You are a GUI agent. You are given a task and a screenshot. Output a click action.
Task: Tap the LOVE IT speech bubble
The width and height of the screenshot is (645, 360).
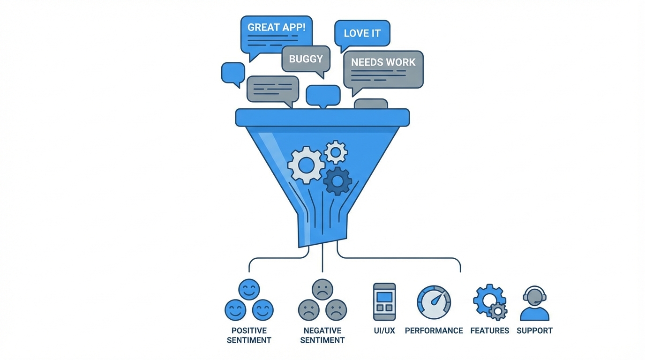[362, 33]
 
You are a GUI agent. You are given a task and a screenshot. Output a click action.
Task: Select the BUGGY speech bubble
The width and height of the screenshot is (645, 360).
[306, 59]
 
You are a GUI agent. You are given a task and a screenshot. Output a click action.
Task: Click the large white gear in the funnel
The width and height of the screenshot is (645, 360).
[306, 165]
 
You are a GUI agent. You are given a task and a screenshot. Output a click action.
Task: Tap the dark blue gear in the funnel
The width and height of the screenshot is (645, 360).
[337, 181]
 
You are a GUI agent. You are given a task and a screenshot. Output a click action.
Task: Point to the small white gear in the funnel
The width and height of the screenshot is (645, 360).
[336, 151]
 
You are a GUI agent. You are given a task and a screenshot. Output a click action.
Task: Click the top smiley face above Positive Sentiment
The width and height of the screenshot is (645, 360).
[249, 289]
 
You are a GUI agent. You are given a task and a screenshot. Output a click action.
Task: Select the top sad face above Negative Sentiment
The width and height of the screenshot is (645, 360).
[322, 289]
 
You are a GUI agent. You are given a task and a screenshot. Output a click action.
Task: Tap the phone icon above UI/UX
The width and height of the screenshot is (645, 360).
[384, 301]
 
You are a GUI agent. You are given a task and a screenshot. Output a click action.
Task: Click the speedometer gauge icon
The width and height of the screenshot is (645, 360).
[434, 302]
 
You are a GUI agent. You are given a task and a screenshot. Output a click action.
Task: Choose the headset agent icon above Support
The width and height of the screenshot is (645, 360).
[535, 303]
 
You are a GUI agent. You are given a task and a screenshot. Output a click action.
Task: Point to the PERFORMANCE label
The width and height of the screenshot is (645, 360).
[434, 330]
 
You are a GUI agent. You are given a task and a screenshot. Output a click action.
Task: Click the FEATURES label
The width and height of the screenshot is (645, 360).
[489, 330]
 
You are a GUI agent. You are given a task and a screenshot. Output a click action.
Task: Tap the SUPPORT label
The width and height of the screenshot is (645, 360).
[534, 330]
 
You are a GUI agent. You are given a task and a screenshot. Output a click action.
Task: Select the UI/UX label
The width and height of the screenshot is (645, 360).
[384, 330]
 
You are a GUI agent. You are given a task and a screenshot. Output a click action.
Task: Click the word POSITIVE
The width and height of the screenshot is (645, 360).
[249, 330]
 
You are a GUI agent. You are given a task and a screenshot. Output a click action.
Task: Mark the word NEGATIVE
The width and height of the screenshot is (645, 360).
[322, 330]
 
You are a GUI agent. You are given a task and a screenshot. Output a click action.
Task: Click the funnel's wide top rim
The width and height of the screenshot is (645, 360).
[322, 117]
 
